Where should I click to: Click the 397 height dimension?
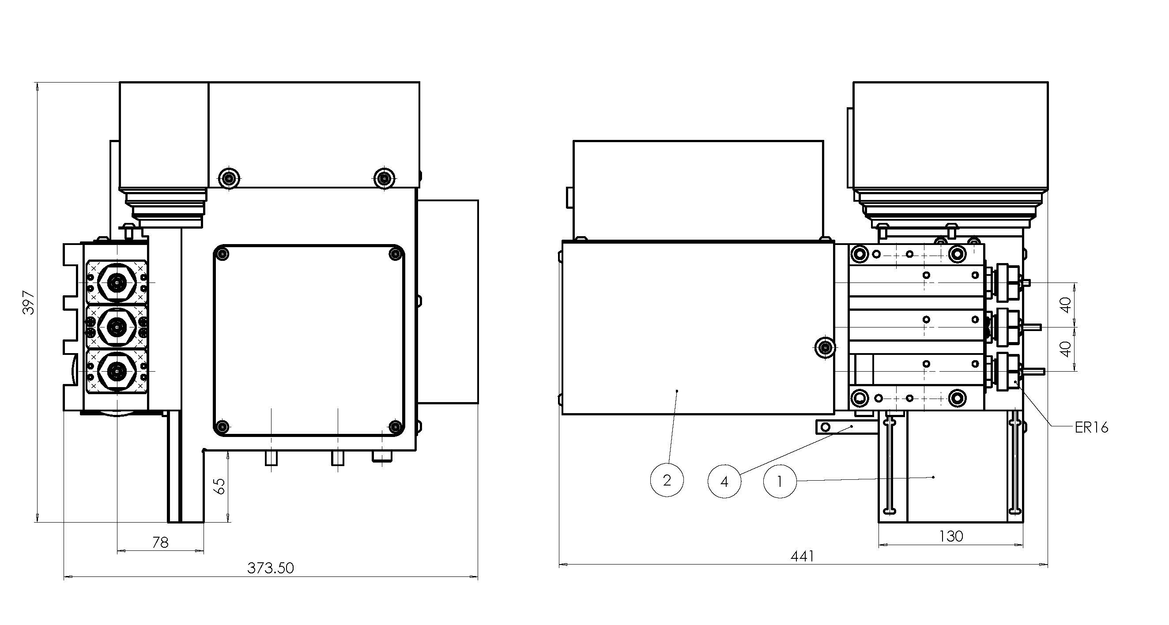[29, 302]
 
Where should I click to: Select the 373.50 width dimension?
[271, 568]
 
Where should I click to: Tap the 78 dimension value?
[160, 542]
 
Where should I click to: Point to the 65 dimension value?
[219, 486]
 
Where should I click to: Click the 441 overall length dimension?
[802, 556]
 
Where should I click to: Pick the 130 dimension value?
[951, 536]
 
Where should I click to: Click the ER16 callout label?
[1091, 427]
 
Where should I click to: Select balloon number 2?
[667, 480]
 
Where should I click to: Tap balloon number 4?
[724, 481]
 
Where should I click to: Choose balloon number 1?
[780, 481]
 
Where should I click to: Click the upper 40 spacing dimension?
[1067, 305]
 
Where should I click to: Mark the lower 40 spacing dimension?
[1067, 349]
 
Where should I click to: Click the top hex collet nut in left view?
[117, 283]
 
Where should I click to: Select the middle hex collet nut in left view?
[117, 326]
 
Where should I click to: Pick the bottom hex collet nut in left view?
[117, 371]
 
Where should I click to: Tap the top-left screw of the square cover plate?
[222, 253]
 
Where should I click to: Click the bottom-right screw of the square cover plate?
[396, 427]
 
